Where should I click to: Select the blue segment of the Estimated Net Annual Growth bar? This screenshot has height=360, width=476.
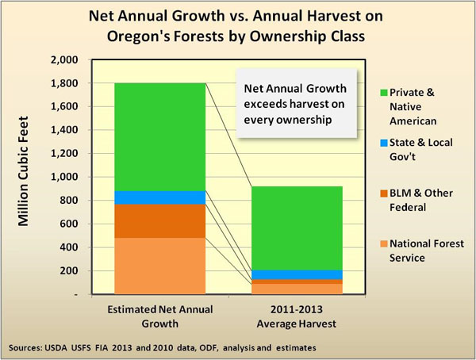pos(160,197)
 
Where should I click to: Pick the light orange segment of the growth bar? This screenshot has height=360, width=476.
pos(160,266)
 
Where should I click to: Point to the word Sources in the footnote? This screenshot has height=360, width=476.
pos(30,347)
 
